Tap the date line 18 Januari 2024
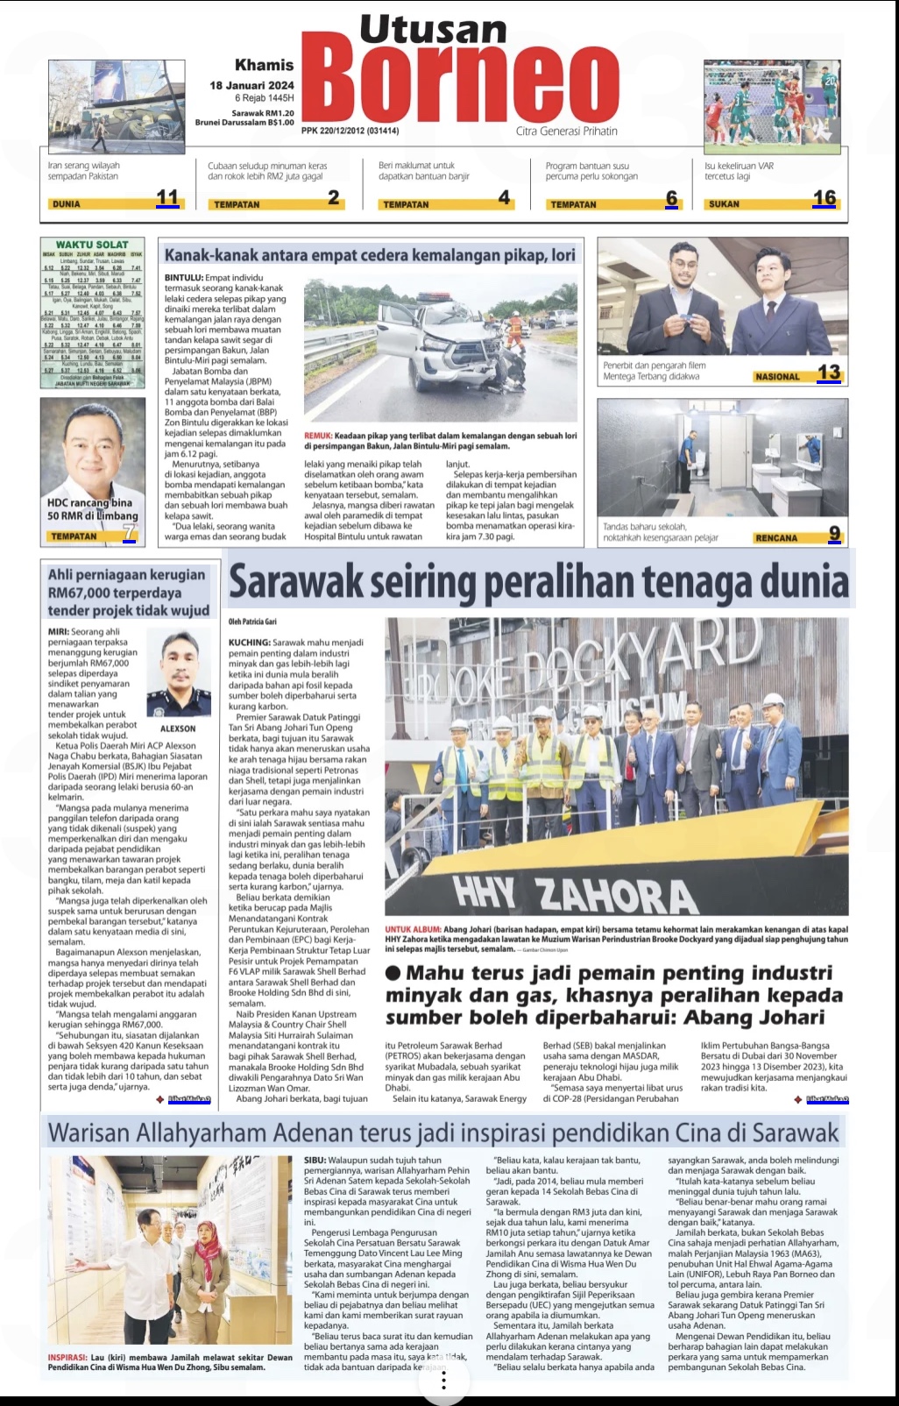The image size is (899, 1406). click(x=251, y=85)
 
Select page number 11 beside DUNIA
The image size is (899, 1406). click(x=166, y=198)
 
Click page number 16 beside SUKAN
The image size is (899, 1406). click(x=824, y=198)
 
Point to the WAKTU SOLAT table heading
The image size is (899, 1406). click(x=92, y=245)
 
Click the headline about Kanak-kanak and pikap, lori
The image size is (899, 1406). click(x=370, y=255)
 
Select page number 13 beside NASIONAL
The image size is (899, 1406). click(x=829, y=373)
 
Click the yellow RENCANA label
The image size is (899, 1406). click(x=776, y=537)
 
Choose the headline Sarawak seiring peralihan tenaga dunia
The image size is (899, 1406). click(x=538, y=581)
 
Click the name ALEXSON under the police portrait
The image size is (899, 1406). click(x=178, y=728)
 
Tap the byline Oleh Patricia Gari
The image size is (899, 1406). click(x=253, y=621)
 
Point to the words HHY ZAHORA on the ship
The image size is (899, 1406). click(x=575, y=893)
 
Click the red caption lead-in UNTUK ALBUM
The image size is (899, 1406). click(x=413, y=929)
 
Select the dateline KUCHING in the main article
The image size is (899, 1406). click(x=249, y=643)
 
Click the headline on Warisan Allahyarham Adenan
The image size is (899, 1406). click(x=443, y=1133)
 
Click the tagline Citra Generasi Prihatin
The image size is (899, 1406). click(x=566, y=131)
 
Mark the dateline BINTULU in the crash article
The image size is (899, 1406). click(x=183, y=278)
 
